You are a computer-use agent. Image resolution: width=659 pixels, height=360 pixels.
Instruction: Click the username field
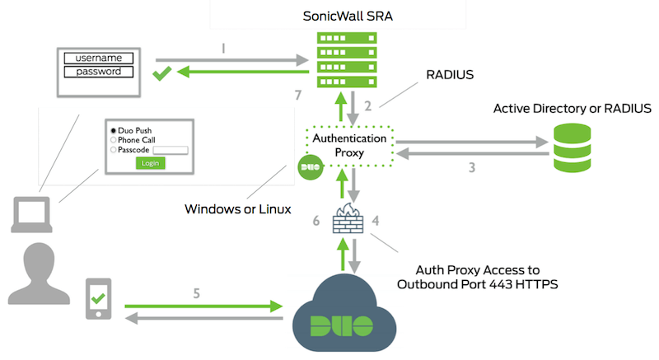click(x=98, y=58)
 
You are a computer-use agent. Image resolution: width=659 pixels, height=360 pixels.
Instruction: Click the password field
click(x=98, y=72)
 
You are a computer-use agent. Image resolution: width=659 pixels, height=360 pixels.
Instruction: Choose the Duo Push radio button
click(x=114, y=130)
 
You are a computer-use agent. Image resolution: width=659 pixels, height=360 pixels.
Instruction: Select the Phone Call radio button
click(x=114, y=140)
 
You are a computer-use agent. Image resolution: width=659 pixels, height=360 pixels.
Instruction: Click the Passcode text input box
click(x=171, y=150)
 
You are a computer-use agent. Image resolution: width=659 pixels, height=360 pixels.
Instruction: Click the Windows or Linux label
click(x=236, y=209)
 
